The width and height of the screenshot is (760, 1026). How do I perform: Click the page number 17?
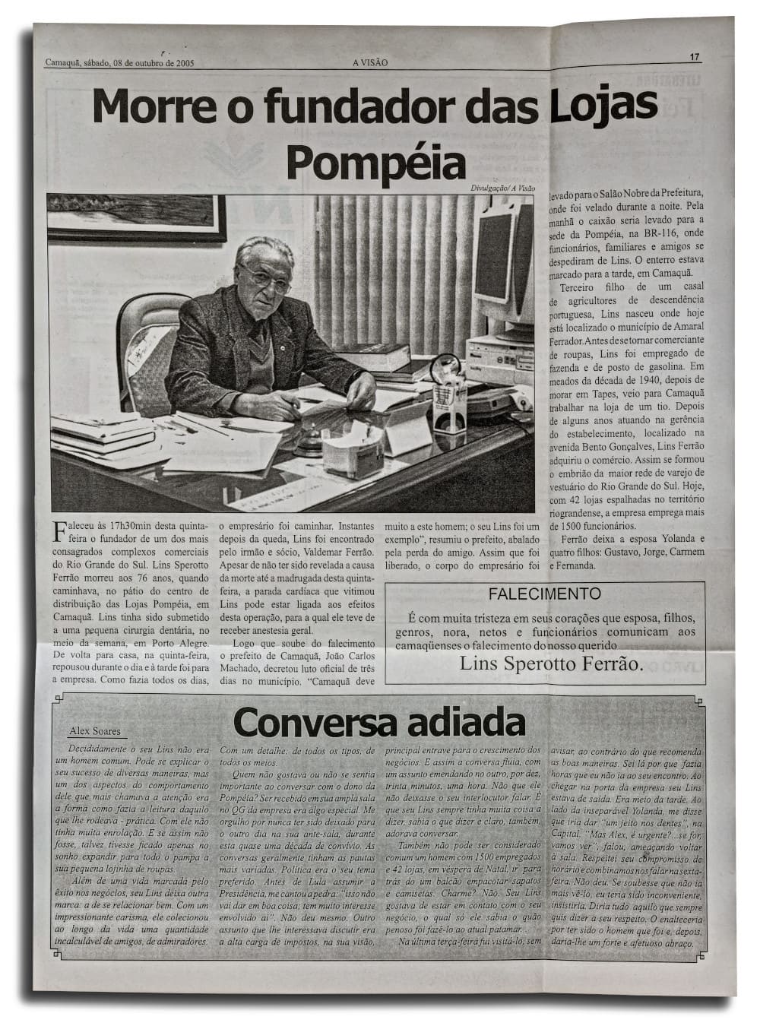coord(695,56)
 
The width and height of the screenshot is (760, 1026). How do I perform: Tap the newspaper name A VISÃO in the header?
coord(370,63)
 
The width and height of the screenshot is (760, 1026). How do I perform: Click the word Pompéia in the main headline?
coord(376,160)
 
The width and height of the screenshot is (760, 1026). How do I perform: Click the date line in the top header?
coord(119,63)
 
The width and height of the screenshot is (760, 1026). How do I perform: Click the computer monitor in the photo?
coord(498,258)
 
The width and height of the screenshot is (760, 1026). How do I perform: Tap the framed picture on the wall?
coord(137,217)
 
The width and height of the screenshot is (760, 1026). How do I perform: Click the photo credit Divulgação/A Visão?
coord(502,188)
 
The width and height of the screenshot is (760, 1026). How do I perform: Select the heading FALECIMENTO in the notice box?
coord(544,594)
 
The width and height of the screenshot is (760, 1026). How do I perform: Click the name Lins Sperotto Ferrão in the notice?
coord(551,663)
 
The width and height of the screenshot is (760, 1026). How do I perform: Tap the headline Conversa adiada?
coord(379,722)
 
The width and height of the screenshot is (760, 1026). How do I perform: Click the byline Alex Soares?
coord(95,732)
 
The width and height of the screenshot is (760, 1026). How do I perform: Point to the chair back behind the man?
coord(149,342)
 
